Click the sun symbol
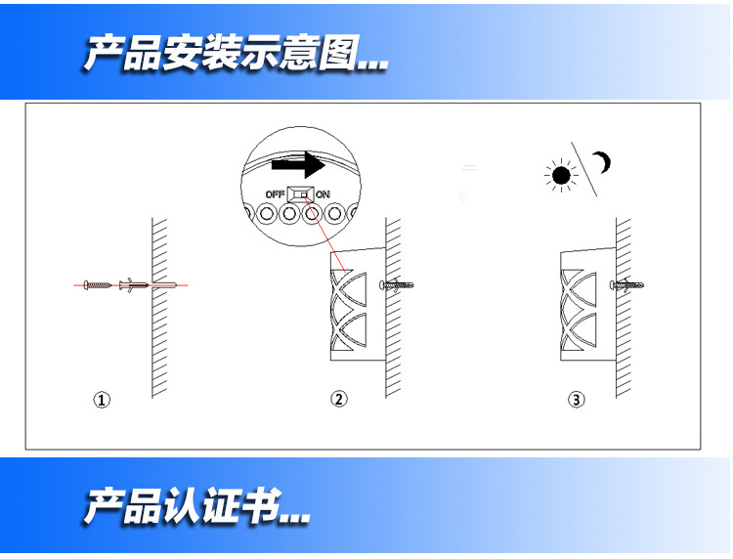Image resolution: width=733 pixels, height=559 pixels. tap(561, 176)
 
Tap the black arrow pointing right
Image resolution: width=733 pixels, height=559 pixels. tap(298, 164)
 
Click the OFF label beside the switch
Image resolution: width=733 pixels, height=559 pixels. tap(275, 193)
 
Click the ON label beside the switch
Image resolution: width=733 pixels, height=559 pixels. tap(323, 193)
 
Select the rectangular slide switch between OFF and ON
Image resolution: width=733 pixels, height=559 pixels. tap(301, 193)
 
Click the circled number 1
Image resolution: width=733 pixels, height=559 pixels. tap(102, 400)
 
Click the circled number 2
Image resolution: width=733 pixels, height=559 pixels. tap(339, 399)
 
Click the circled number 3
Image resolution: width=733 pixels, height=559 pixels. tap(576, 400)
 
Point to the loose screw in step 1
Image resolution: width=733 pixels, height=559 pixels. tap(98, 284)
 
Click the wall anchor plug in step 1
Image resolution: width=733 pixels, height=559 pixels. tap(134, 284)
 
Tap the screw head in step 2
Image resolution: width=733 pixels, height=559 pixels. tap(382, 284)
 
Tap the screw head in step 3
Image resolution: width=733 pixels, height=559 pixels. tap(613, 284)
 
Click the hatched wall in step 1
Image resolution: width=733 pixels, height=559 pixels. tap(159, 308)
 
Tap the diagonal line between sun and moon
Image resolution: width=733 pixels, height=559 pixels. tap(583, 169)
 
